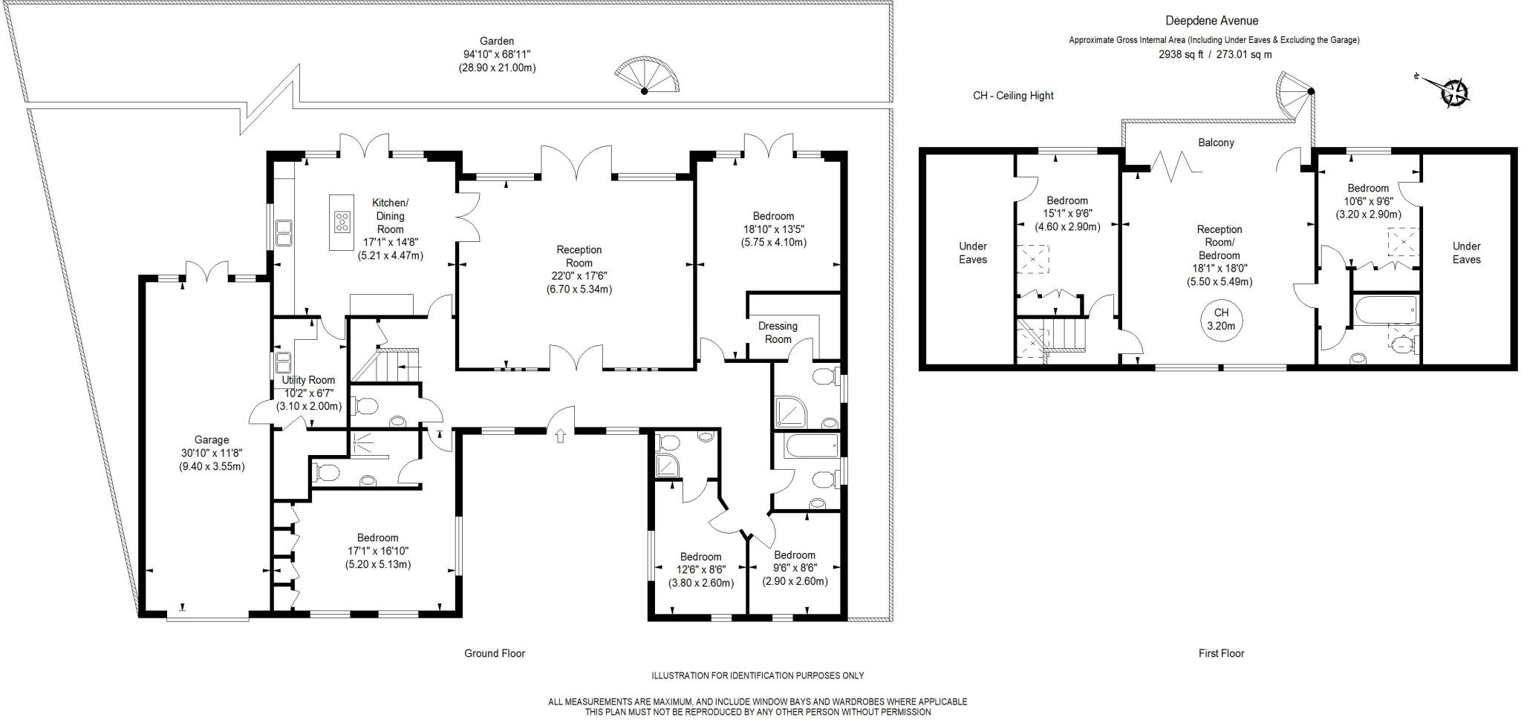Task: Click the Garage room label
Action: click(212, 440)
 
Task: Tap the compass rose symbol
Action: click(1453, 93)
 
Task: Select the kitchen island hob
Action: click(342, 220)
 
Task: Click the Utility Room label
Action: click(308, 380)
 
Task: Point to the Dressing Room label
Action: click(778, 333)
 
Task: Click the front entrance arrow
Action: click(560, 436)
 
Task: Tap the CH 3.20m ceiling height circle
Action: click(1221, 319)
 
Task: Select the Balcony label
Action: click(1216, 143)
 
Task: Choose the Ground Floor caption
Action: click(495, 653)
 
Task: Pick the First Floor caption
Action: click(1221, 653)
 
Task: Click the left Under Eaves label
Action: click(973, 252)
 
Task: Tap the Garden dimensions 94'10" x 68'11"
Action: click(497, 54)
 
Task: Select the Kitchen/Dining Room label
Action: click(390, 216)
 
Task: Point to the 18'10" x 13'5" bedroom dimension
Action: click(773, 229)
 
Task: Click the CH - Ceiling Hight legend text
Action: click(1013, 96)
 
